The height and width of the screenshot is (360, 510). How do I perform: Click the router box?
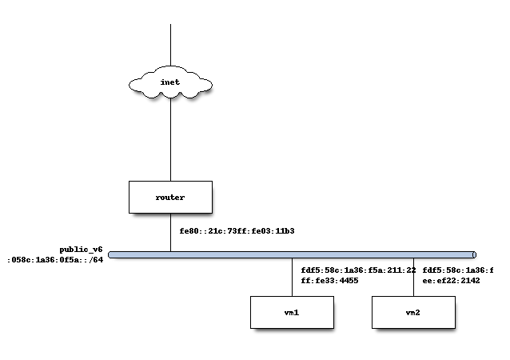coord(170,197)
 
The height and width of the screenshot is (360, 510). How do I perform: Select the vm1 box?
coord(292,312)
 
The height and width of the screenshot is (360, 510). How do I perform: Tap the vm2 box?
coord(413,312)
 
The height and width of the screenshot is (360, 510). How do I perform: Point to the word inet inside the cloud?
coord(170,83)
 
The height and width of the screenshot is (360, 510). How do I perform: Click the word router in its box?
coord(170,197)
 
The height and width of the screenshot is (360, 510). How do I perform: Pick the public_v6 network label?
coord(81,250)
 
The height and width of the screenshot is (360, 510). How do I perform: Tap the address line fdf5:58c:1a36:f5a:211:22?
coord(358,270)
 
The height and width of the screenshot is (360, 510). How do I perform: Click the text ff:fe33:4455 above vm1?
coord(329,282)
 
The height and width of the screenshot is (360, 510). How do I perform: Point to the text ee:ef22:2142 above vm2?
coord(451,282)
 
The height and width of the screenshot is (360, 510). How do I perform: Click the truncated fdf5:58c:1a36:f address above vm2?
coord(458,270)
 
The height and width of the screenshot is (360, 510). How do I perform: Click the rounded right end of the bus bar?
coord(473,255)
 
